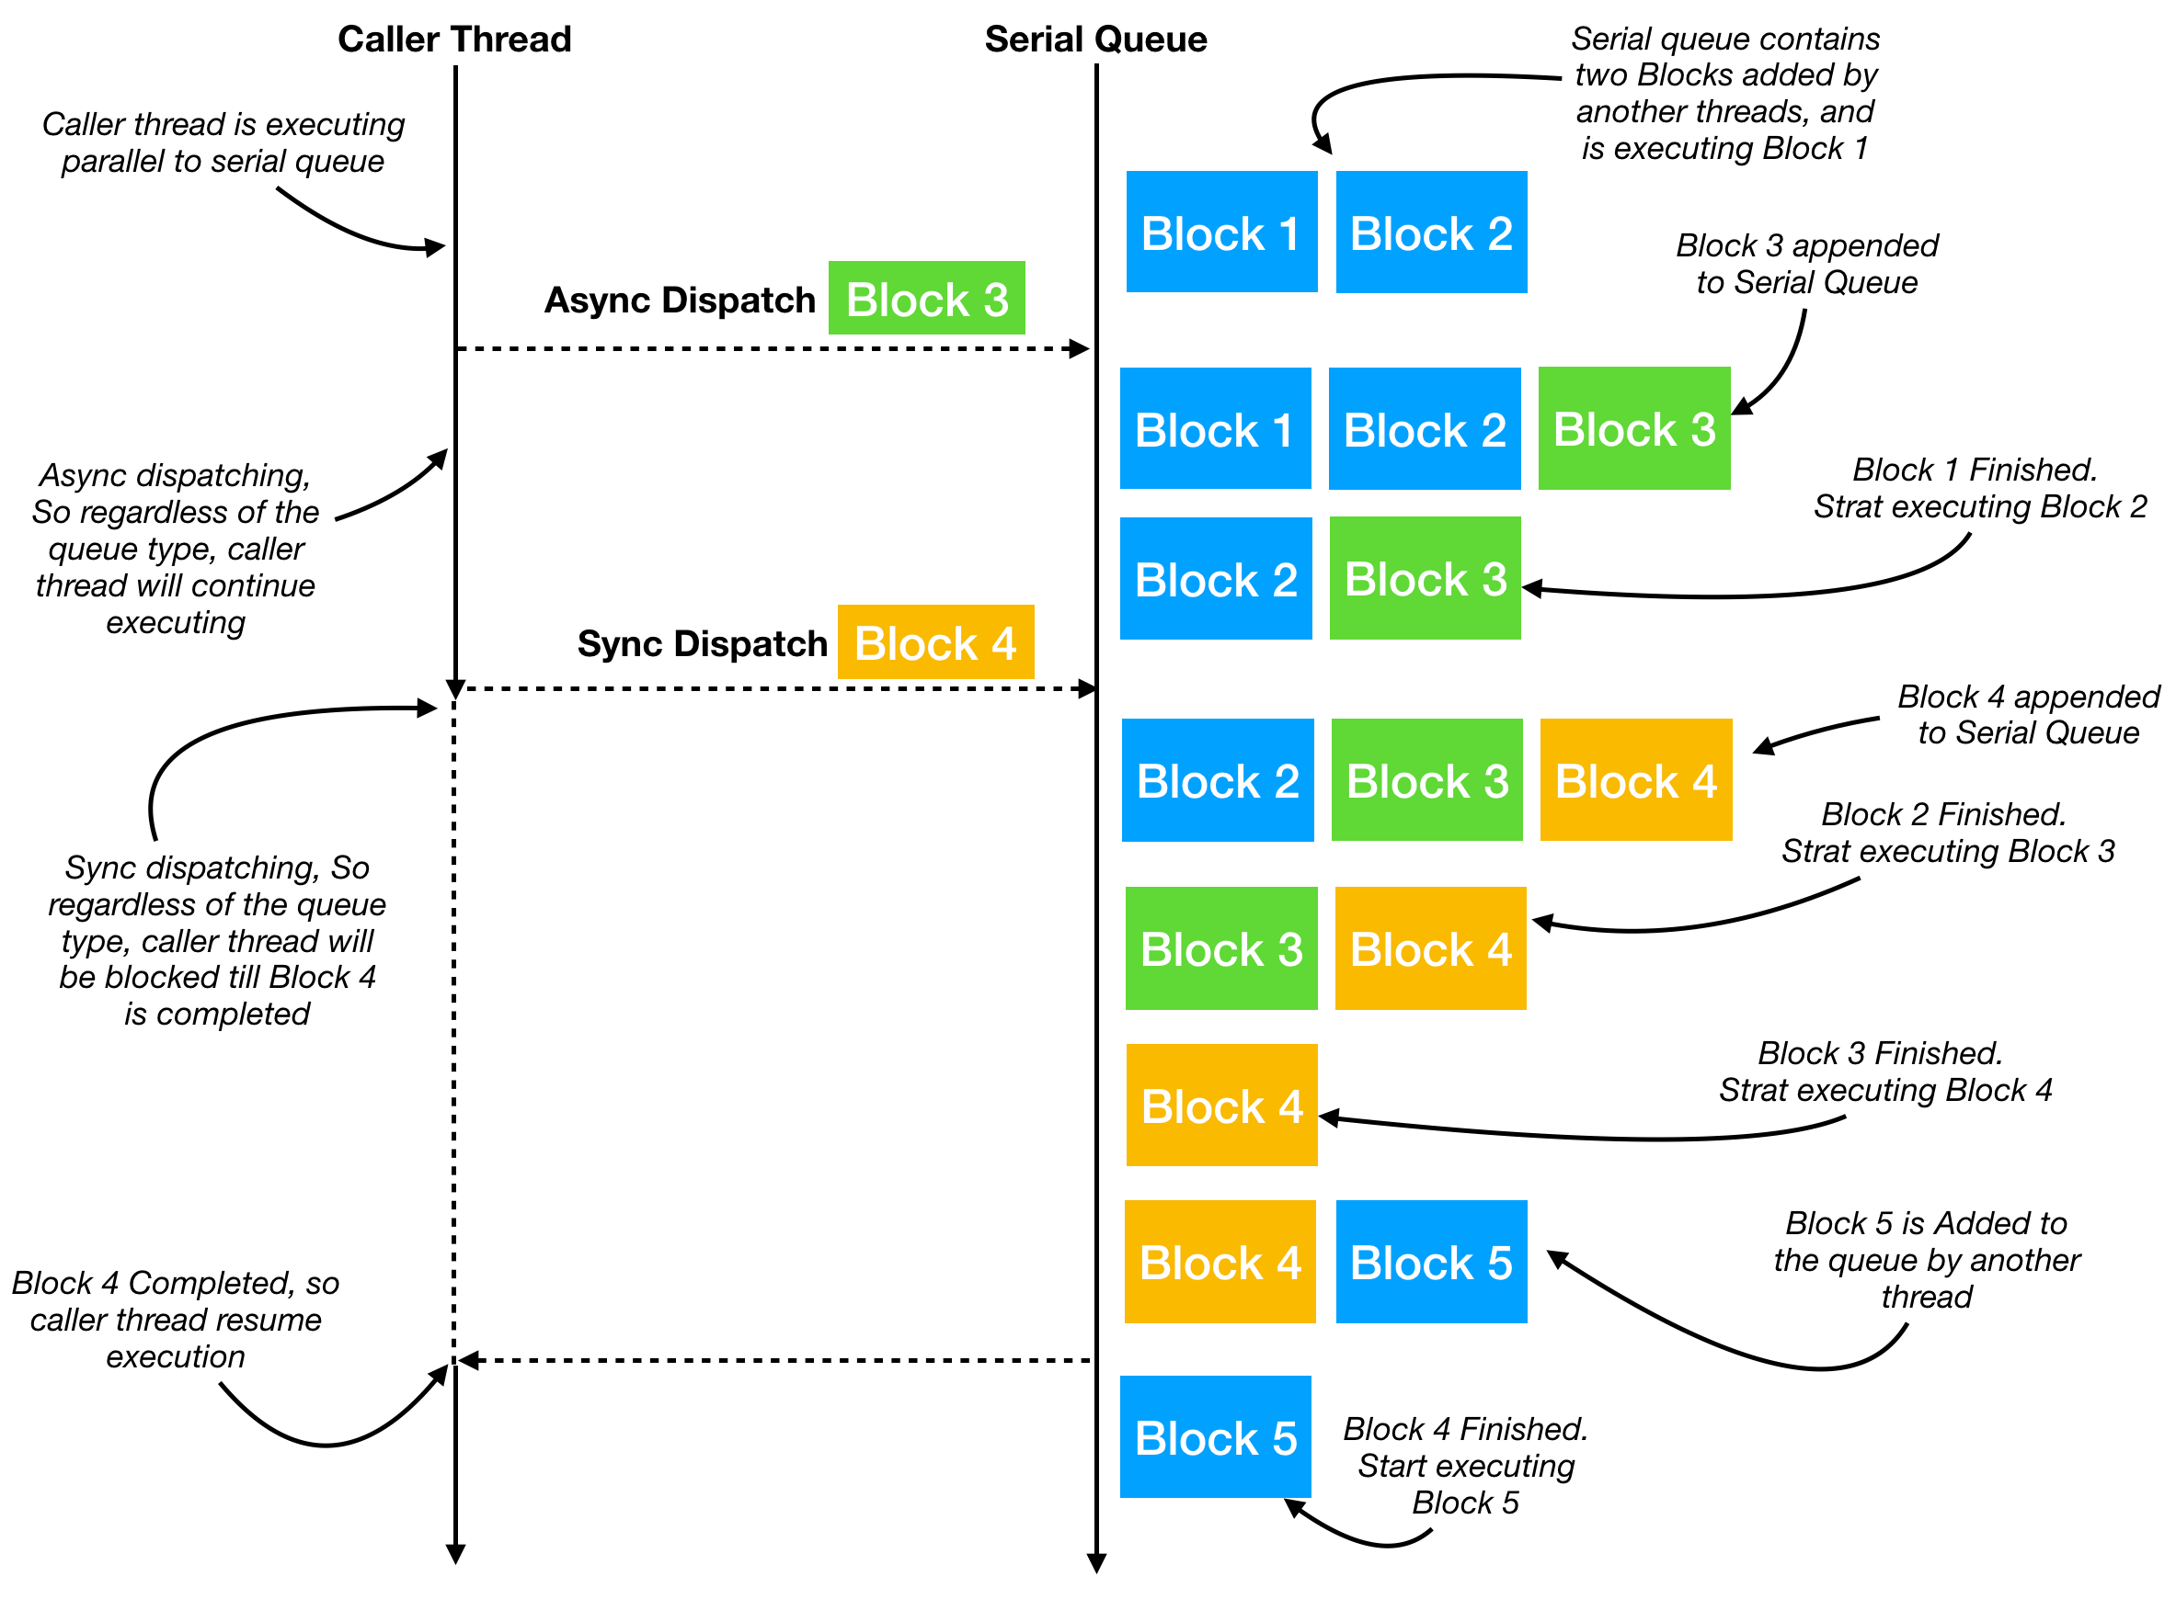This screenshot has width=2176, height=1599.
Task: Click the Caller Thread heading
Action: click(454, 39)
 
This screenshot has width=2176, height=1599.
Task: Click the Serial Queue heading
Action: click(1095, 39)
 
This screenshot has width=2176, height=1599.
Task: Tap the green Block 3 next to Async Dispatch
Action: click(926, 298)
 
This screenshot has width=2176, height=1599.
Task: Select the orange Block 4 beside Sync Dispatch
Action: click(934, 641)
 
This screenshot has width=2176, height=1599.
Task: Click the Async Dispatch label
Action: click(679, 301)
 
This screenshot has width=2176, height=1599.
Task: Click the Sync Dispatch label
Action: click(701, 643)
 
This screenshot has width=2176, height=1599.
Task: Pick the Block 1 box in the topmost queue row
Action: click(1220, 232)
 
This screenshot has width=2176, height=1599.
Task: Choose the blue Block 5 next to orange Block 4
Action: click(1430, 1261)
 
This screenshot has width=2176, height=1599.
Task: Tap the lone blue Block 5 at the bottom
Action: click(1214, 1436)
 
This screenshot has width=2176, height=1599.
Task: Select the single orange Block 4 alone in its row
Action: click(1220, 1105)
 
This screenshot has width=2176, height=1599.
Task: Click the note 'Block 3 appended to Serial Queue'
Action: click(1806, 263)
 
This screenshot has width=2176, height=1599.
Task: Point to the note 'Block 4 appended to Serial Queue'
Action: click(2027, 714)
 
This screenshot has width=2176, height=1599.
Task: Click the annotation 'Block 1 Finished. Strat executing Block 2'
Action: click(1977, 488)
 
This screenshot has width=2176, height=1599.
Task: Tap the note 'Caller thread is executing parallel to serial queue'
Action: click(223, 142)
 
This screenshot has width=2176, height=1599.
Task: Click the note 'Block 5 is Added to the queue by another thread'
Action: click(1925, 1259)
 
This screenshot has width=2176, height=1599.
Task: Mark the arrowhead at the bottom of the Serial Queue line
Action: click(1096, 1563)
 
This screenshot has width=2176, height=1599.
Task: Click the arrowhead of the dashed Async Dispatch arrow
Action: click(1080, 348)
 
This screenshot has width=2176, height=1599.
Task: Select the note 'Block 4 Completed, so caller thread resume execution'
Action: click(176, 1320)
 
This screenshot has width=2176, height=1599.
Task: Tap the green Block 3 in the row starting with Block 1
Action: click(1632, 428)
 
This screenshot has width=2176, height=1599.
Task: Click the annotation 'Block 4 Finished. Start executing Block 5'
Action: click(1464, 1466)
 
